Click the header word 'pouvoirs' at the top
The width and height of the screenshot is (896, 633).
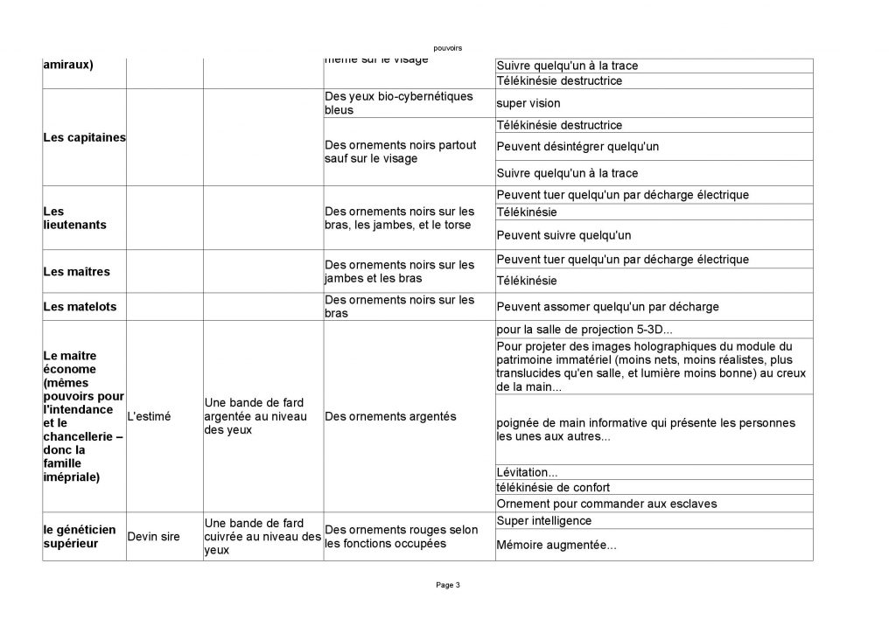point(447,47)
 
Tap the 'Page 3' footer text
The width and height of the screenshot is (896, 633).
point(447,585)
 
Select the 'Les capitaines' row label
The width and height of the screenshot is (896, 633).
point(84,138)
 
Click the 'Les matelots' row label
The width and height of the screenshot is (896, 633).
point(80,307)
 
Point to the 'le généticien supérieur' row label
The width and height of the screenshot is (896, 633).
point(79,536)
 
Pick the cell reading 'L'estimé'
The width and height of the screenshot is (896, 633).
point(150,417)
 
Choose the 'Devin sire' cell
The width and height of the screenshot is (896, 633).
point(153,537)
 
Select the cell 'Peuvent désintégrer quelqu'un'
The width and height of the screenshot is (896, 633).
point(577,146)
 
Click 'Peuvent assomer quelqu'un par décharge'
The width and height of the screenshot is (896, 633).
point(607,307)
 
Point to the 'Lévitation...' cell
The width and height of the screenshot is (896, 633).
point(527,472)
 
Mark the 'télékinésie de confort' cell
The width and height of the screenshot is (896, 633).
point(553,487)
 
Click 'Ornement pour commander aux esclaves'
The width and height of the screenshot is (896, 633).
point(605,504)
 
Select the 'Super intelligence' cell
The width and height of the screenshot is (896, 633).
point(543,521)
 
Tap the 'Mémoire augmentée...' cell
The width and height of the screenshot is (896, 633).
point(556,545)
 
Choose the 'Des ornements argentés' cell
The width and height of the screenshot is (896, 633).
point(390,417)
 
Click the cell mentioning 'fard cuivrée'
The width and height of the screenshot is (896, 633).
point(262,536)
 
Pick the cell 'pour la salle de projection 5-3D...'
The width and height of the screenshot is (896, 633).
point(584,330)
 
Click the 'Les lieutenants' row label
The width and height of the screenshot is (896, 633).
point(74,218)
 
